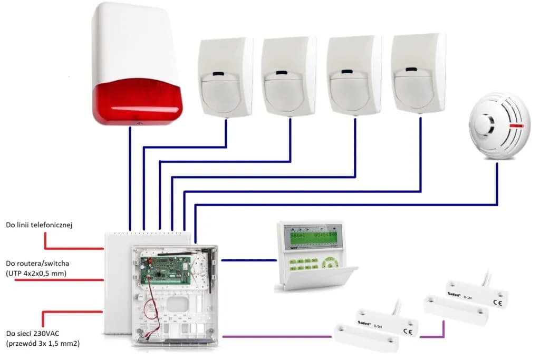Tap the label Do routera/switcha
tap(38, 262)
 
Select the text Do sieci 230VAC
tap(33, 333)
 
